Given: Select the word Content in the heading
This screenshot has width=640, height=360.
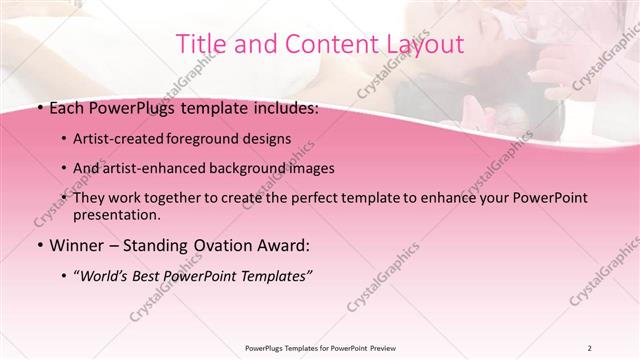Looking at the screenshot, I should coord(321,44).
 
